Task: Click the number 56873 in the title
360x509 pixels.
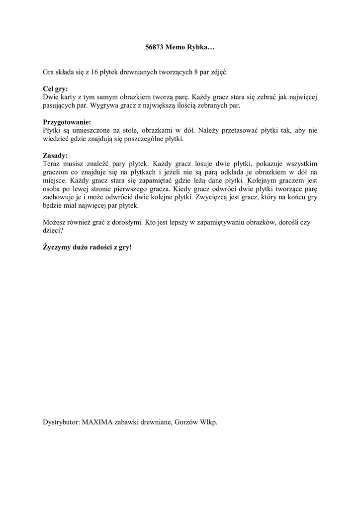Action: coord(156,48)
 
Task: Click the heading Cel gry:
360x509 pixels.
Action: coord(55,89)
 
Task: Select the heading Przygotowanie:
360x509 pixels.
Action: coord(67,122)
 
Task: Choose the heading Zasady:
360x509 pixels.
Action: coord(55,155)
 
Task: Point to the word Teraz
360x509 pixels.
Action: coord(53,164)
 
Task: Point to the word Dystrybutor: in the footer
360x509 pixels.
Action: coord(62,422)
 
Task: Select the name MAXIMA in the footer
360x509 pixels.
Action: coord(97,422)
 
